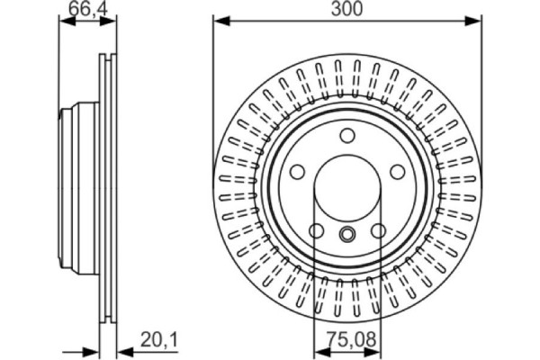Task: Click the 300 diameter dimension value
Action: [346, 9]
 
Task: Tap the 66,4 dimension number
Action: [88, 8]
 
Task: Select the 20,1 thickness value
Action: [159, 340]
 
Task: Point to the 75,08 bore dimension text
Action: [351, 339]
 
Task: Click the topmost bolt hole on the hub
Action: [347, 135]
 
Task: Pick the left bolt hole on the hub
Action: [297, 172]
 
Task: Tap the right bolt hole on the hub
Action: [398, 172]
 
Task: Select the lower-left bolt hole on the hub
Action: [316, 230]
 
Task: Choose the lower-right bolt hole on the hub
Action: [379, 230]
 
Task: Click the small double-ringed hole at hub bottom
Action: [347, 234]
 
